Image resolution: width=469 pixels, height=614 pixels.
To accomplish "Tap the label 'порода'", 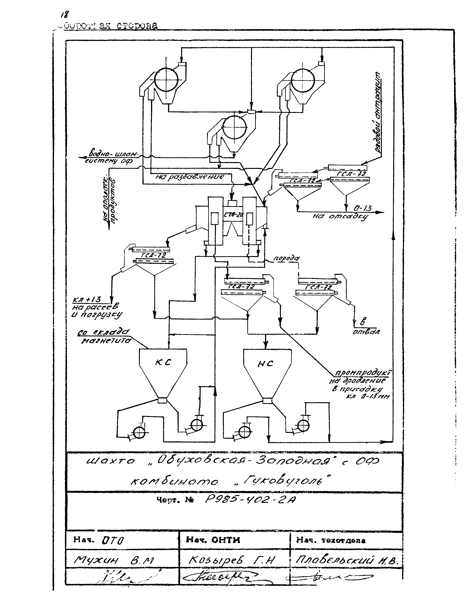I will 286,258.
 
